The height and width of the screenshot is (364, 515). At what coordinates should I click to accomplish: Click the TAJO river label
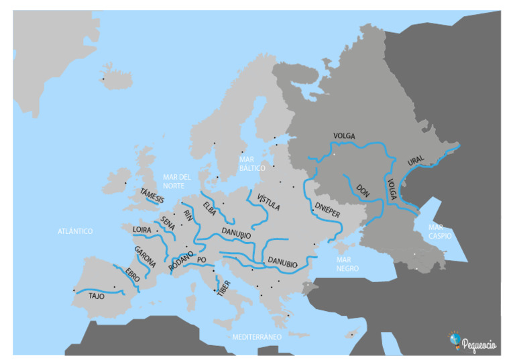coord(97,295)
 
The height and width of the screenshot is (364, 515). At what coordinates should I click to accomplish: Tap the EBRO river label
coord(133,276)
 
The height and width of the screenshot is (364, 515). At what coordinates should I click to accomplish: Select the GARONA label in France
coord(145,257)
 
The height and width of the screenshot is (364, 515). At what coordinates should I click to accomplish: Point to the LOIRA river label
coord(142,230)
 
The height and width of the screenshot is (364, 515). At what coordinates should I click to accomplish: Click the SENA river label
coord(168,224)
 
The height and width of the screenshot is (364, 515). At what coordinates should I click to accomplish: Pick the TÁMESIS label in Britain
coord(152,196)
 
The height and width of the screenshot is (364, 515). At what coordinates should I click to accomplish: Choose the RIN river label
coord(188,215)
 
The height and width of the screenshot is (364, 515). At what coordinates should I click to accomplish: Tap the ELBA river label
coord(209,208)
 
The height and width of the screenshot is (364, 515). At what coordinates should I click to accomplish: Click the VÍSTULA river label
coord(268,200)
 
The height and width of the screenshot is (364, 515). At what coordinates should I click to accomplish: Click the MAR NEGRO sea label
coord(347,263)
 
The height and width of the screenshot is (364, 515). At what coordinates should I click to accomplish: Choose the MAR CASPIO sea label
coord(440,232)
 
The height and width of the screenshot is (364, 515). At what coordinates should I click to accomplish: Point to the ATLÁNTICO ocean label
coord(75,231)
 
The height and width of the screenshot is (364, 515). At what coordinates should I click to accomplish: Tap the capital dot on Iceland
coord(103,79)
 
